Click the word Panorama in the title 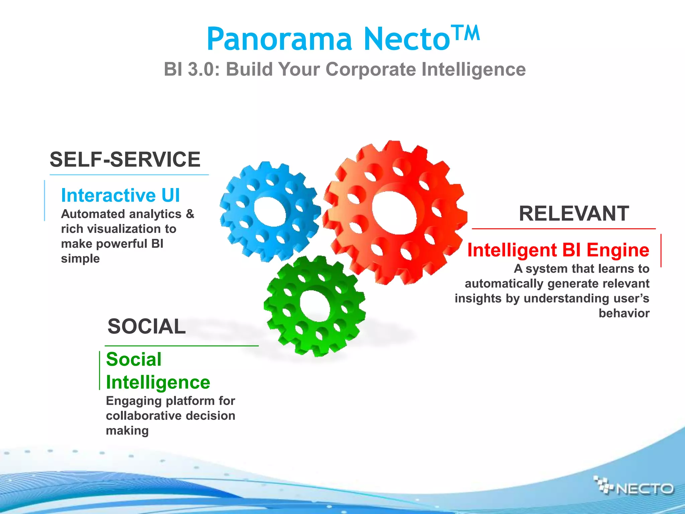(279, 39)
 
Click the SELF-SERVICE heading (125, 159)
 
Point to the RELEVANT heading (574, 213)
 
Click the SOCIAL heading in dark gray (146, 326)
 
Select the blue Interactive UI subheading (120, 195)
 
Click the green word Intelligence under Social (158, 382)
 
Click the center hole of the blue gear (270, 212)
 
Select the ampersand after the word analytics (190, 214)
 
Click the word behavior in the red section (624, 313)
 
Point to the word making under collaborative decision (127, 430)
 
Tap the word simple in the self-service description (80, 259)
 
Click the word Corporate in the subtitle (371, 70)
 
